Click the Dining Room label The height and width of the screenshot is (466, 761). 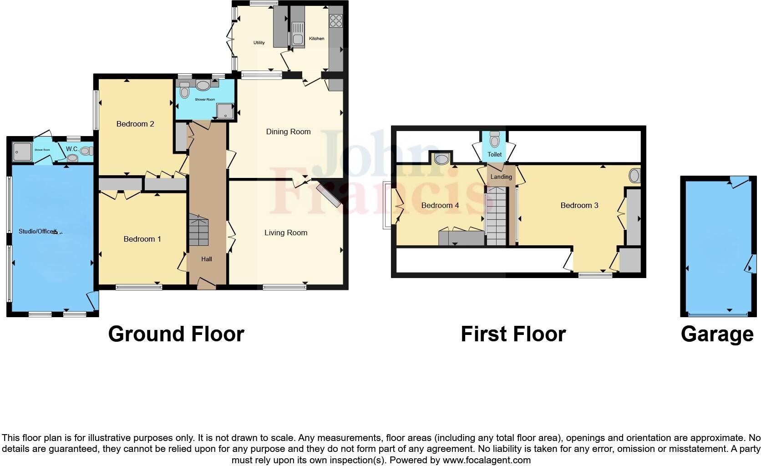click(x=288, y=132)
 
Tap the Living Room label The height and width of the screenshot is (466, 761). click(x=286, y=233)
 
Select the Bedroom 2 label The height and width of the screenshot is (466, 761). click(x=135, y=124)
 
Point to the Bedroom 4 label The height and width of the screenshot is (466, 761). click(x=440, y=206)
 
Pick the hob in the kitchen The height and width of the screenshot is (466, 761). click(x=336, y=20)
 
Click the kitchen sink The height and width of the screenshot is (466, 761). click(x=298, y=39)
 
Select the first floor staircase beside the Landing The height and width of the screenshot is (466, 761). click(x=496, y=217)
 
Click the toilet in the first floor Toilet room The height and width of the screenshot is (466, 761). click(x=495, y=139)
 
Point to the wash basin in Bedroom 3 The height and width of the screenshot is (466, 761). click(x=634, y=175)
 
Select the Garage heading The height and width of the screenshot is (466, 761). click(x=717, y=334)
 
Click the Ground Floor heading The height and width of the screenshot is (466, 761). click(x=176, y=334)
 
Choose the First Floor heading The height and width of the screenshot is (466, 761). click(x=513, y=334)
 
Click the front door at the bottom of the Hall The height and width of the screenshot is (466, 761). click(x=207, y=285)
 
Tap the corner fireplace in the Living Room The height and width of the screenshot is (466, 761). click(x=329, y=196)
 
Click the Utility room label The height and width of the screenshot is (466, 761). click(x=259, y=43)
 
